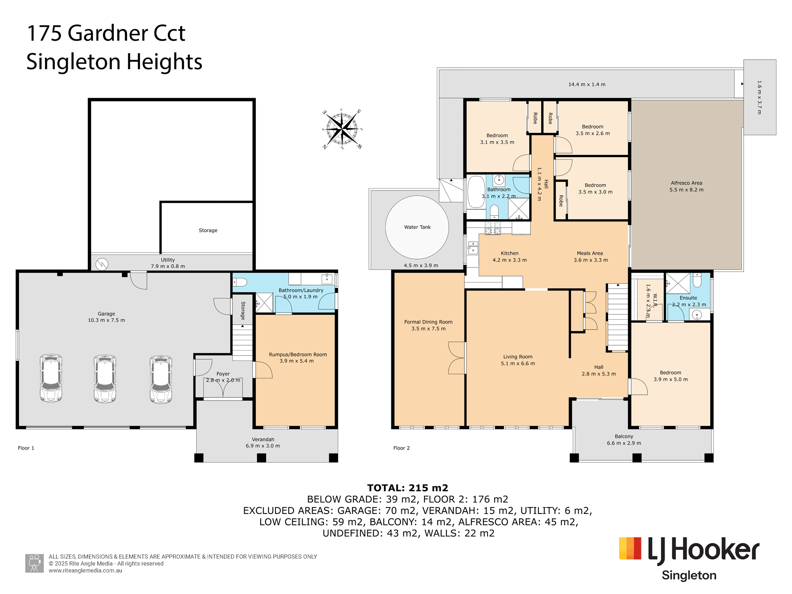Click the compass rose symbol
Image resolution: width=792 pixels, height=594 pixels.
342,129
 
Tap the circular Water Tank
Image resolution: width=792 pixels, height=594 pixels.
417,227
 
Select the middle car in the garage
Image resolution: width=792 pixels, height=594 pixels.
105,378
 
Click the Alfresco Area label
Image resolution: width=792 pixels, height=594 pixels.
686,183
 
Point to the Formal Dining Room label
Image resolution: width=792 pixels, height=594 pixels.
428,322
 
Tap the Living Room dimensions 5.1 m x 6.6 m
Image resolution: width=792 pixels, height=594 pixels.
518,364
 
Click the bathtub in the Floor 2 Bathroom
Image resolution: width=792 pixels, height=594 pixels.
476,192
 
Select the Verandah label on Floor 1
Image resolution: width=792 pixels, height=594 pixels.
263,439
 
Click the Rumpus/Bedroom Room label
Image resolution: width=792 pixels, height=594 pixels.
298,354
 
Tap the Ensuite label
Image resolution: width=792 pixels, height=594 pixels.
688,298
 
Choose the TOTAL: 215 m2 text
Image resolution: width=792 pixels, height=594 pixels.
408,488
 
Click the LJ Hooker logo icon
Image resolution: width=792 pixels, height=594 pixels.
630,548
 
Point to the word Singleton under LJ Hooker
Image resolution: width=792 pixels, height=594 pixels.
689,575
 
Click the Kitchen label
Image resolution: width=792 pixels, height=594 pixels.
509,253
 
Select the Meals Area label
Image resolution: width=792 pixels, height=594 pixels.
590,253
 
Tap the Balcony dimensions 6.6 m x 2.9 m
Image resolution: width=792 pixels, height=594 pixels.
624,443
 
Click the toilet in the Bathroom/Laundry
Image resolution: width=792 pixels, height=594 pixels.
240,282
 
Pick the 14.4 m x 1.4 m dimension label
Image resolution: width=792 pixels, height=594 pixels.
587,85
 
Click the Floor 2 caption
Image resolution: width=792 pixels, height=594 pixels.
401,448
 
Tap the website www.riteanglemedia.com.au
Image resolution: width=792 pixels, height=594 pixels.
85,571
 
